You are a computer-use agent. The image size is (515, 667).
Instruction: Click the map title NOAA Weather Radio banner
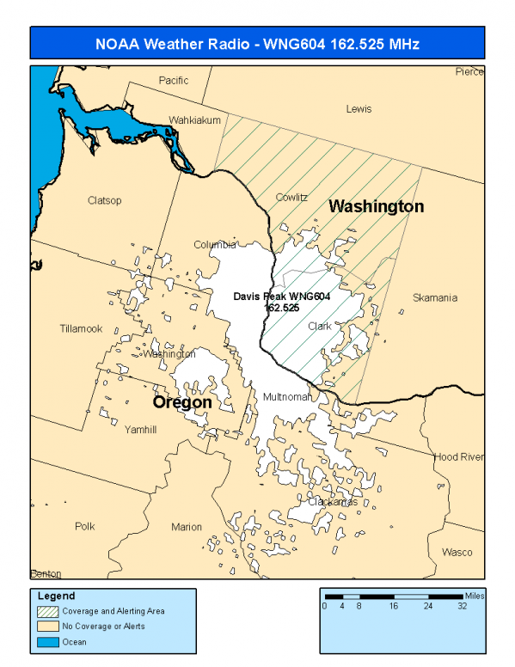click(x=258, y=43)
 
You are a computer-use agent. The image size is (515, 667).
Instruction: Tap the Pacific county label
click(x=173, y=80)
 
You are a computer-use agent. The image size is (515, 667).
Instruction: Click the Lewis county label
click(x=359, y=109)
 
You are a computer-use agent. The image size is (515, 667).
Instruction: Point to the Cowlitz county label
click(x=291, y=197)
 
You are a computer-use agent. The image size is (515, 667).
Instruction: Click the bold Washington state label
click(x=376, y=207)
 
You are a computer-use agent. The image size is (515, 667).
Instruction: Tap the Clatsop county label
click(x=104, y=200)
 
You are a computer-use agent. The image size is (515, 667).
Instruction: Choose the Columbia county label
click(x=214, y=244)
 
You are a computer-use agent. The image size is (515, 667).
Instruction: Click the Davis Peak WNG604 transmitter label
click(x=282, y=301)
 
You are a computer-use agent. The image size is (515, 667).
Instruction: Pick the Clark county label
click(x=320, y=326)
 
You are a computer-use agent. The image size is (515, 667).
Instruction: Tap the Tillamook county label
click(x=81, y=328)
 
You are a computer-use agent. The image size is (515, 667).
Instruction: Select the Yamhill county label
click(x=140, y=430)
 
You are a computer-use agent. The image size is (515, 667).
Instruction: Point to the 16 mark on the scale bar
click(x=393, y=605)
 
